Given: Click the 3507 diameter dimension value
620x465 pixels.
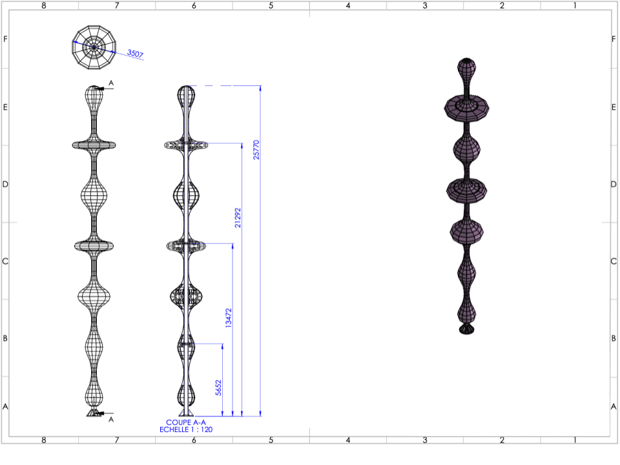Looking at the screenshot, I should point(135,54).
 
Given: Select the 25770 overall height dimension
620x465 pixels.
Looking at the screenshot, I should point(256,150).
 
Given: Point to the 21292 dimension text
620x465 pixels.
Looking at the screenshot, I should point(238,218).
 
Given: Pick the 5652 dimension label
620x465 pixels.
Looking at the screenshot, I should point(219,387).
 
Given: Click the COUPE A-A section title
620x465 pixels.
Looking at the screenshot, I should point(186,422).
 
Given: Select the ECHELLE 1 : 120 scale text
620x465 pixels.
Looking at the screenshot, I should point(186,429).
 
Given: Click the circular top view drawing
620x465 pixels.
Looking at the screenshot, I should point(94,46).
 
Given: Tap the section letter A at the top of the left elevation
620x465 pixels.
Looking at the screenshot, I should point(111,83).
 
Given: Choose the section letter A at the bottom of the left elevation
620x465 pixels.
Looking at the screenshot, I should point(111,419).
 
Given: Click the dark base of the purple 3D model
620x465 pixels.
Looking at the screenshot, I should point(466,329).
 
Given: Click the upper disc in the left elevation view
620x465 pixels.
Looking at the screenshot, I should point(94,145).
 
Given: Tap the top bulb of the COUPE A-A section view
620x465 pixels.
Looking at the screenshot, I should point(186,97).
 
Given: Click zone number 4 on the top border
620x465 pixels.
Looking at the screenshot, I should point(347,5).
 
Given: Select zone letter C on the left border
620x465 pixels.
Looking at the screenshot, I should point(5,262).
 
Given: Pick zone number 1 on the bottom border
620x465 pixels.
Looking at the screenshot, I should point(574,440).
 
